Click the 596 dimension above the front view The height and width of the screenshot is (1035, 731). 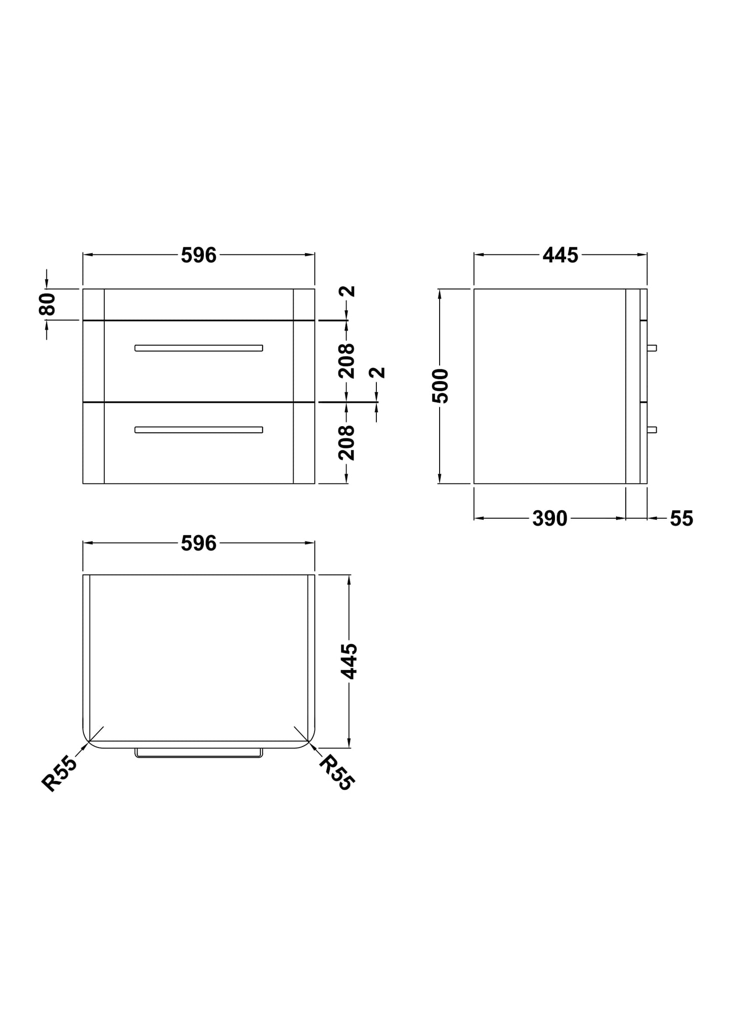(x=198, y=256)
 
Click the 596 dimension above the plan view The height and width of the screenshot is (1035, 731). (x=198, y=544)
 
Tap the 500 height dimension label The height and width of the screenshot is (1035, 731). (x=440, y=386)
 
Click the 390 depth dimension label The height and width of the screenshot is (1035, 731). (x=549, y=519)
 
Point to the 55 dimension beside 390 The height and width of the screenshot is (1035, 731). (x=681, y=519)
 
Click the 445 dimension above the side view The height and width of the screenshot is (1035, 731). (x=560, y=256)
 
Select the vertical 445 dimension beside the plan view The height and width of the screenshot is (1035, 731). (x=349, y=661)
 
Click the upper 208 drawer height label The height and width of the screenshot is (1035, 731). (x=347, y=361)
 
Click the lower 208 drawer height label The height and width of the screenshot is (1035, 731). (x=347, y=443)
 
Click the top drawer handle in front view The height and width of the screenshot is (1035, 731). (x=198, y=348)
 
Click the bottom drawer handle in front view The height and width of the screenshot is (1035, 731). (x=198, y=430)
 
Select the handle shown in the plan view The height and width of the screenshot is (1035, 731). (x=198, y=753)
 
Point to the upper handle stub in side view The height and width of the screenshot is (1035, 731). (x=652, y=348)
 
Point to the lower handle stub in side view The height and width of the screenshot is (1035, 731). (x=652, y=430)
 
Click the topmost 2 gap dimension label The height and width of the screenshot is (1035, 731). (x=348, y=292)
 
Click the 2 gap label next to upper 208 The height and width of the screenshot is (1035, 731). (x=377, y=373)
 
